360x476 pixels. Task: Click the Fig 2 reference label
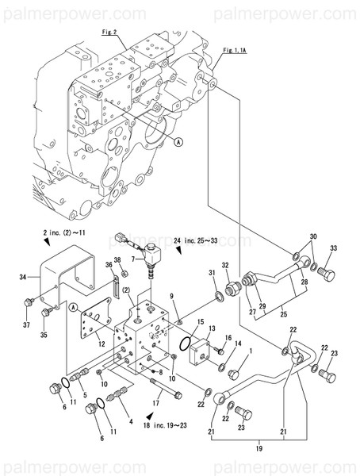tap(109, 33)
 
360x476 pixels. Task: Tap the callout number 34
tap(24, 277)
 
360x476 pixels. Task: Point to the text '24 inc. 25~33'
tap(213, 240)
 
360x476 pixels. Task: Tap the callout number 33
tap(334, 249)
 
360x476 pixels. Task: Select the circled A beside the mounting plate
tap(73, 307)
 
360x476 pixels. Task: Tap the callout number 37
tap(26, 324)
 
